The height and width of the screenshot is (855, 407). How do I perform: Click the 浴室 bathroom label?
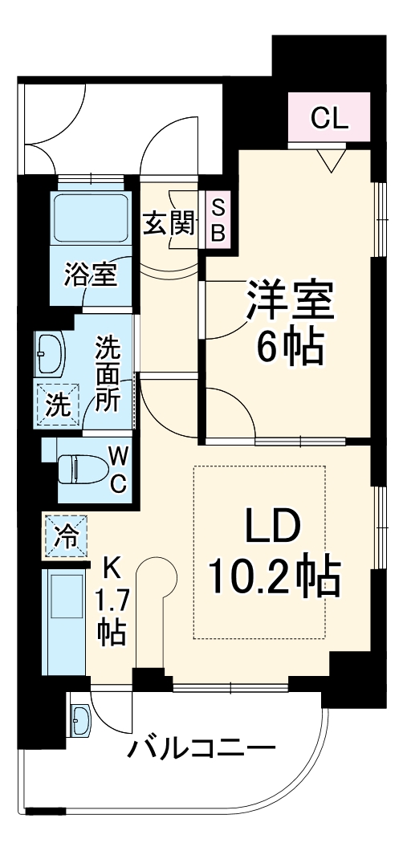pyautogui.click(x=91, y=275)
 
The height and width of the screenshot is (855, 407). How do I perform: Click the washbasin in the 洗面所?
pyautogui.click(x=50, y=352)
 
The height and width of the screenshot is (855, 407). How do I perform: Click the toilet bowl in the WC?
pyautogui.click(x=79, y=467)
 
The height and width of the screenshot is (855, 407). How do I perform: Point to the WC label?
pyautogui.click(x=118, y=469)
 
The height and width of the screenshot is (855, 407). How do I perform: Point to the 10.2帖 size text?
pyautogui.click(x=274, y=576)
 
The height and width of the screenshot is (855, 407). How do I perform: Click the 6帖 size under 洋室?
pyautogui.click(x=289, y=348)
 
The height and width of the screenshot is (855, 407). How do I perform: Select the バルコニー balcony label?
pyautogui.click(x=201, y=751)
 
